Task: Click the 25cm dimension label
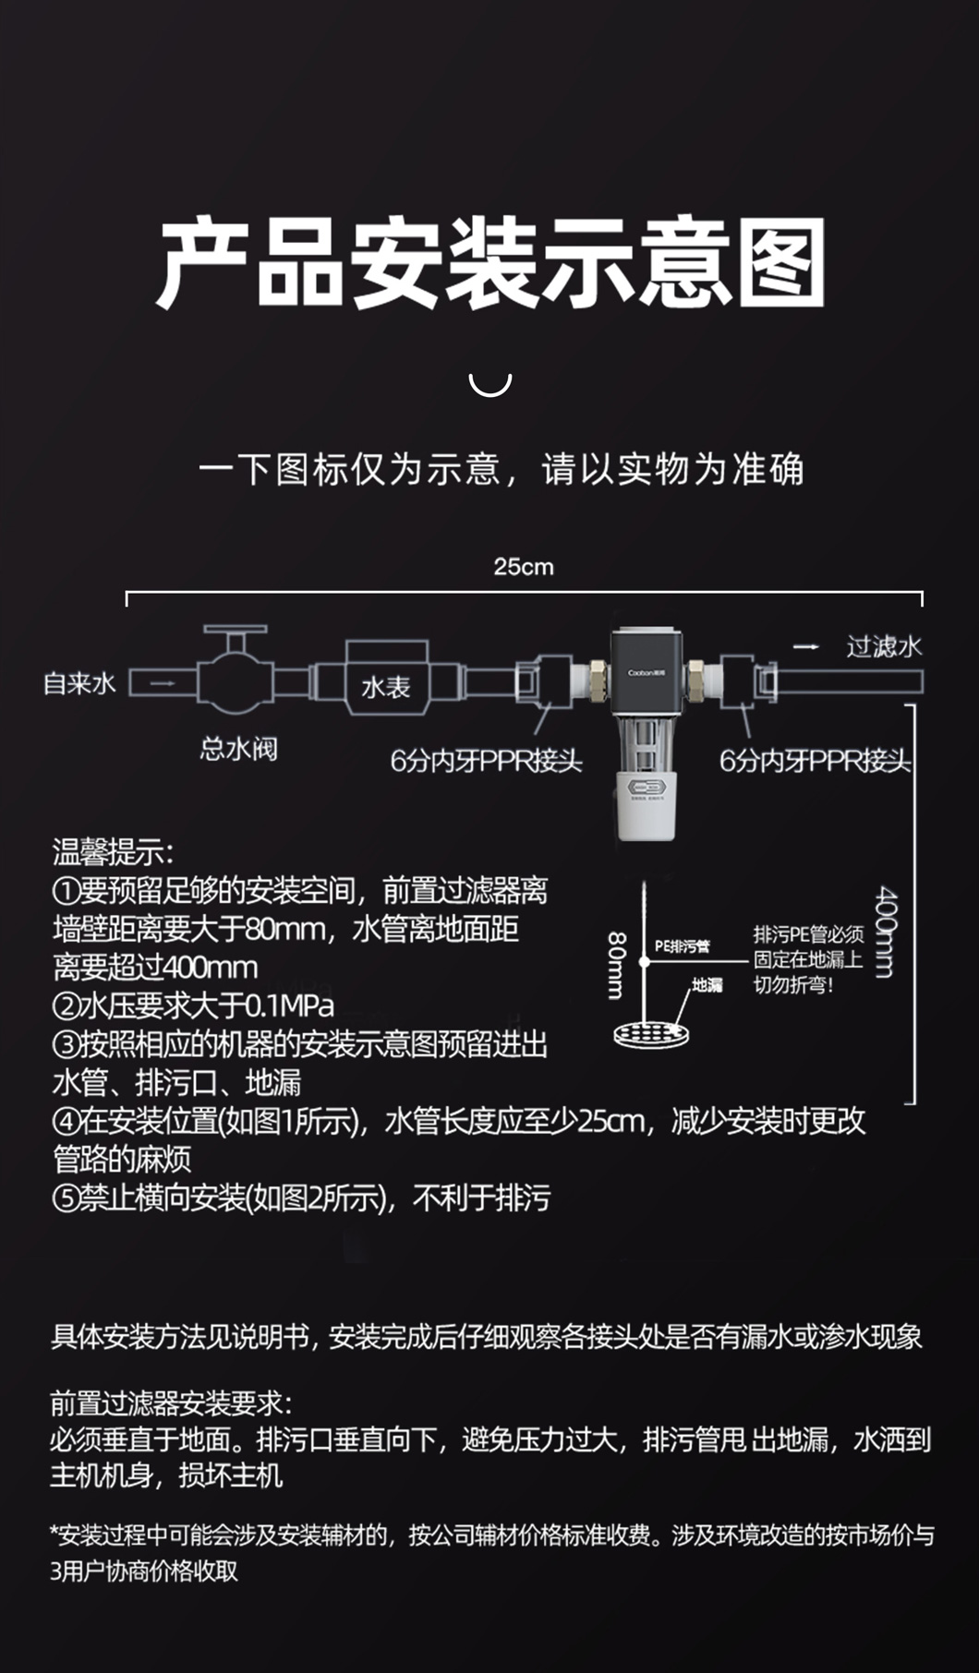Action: [524, 566]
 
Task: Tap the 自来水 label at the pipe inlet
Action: [79, 683]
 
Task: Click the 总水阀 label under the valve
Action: [238, 748]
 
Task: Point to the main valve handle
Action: [236, 632]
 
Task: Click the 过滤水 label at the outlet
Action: [884, 646]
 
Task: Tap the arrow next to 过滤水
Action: [806, 646]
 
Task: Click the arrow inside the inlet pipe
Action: [163, 683]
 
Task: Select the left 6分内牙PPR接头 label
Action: [486, 761]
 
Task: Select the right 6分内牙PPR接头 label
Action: [815, 761]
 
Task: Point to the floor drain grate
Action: [652, 1033]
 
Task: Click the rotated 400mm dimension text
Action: [885, 932]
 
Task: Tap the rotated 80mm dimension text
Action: [616, 965]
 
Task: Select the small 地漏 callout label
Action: [707, 985]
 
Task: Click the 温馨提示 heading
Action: [113, 851]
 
